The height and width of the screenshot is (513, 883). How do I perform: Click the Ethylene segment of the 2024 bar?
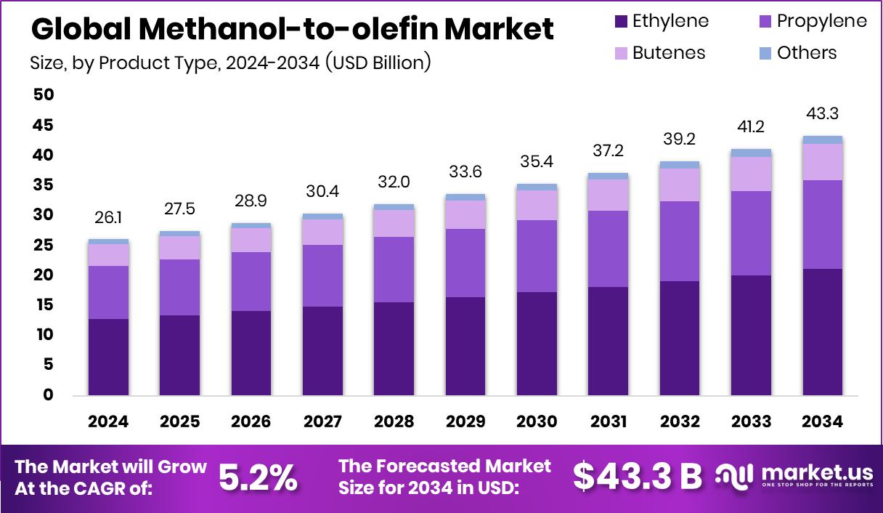click(108, 357)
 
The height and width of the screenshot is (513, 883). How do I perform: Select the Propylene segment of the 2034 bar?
click(823, 224)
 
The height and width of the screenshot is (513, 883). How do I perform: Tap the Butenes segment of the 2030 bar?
click(537, 205)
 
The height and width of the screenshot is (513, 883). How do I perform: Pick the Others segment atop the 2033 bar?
click(751, 153)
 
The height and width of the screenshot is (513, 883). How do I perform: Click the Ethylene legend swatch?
click(620, 21)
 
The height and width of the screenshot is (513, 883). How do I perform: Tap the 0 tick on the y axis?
click(48, 395)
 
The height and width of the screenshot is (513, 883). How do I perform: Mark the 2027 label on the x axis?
click(323, 422)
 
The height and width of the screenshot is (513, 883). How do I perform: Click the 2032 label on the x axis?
click(680, 422)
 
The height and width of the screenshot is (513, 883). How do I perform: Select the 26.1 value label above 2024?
click(108, 218)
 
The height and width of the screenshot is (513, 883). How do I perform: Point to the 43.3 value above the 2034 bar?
click(823, 114)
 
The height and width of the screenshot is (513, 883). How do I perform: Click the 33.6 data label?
click(465, 173)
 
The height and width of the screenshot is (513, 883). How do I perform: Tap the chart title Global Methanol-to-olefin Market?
click(292, 29)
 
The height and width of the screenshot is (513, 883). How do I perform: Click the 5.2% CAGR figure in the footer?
click(258, 477)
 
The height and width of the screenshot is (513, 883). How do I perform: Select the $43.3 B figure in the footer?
click(637, 477)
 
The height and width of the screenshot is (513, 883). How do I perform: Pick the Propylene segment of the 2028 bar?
click(394, 270)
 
